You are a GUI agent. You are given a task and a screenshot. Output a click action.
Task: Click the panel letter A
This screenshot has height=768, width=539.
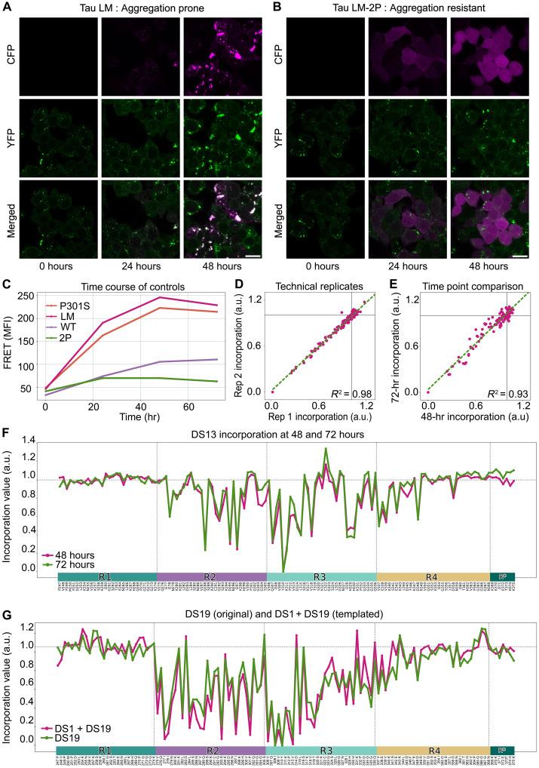click(x=7, y=7)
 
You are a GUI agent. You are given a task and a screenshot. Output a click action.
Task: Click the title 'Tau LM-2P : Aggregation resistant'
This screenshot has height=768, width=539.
click(x=406, y=8)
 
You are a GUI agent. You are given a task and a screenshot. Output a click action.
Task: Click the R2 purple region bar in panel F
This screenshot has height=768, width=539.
click(x=211, y=577)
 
